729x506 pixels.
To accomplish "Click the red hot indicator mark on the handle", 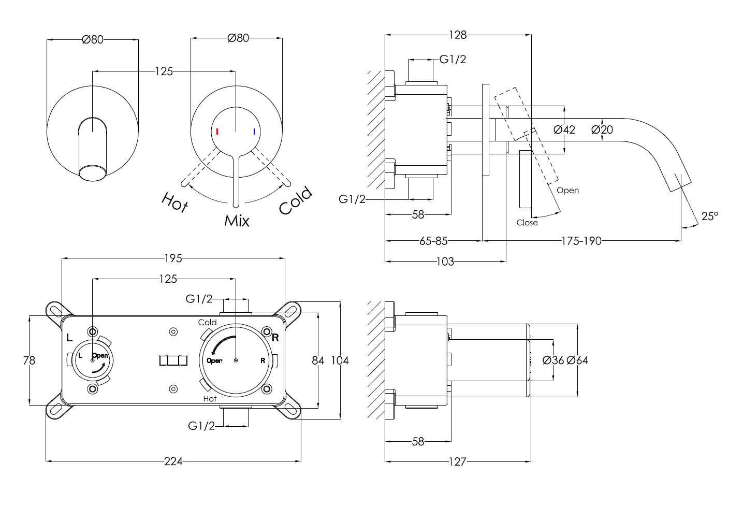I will (217, 132).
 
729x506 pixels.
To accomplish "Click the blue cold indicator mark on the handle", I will (254, 132).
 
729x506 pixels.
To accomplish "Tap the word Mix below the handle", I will (237, 221).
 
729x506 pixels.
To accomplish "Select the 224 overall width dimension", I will (173, 461).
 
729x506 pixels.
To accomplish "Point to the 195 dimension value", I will (173, 258).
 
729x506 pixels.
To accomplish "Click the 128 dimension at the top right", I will (458, 35).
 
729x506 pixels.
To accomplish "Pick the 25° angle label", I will (709, 216).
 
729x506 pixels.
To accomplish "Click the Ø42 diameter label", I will (564, 129).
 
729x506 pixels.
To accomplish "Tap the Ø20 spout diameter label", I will (602, 129).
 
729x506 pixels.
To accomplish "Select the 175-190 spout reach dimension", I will (581, 241).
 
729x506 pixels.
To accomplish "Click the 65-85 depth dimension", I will (433, 241).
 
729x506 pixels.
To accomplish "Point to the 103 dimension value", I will (445, 262).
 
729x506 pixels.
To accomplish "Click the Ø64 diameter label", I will (577, 360).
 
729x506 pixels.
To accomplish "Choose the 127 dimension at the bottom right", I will (458, 461).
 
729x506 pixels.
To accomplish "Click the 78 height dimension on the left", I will (30, 360).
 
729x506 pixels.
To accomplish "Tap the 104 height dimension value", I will (340, 360).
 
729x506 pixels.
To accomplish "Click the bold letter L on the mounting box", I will (69, 338).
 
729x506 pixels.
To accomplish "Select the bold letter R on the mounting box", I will (275, 338).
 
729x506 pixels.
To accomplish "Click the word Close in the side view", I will (527, 223).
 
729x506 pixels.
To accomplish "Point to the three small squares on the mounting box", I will (173, 360).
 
